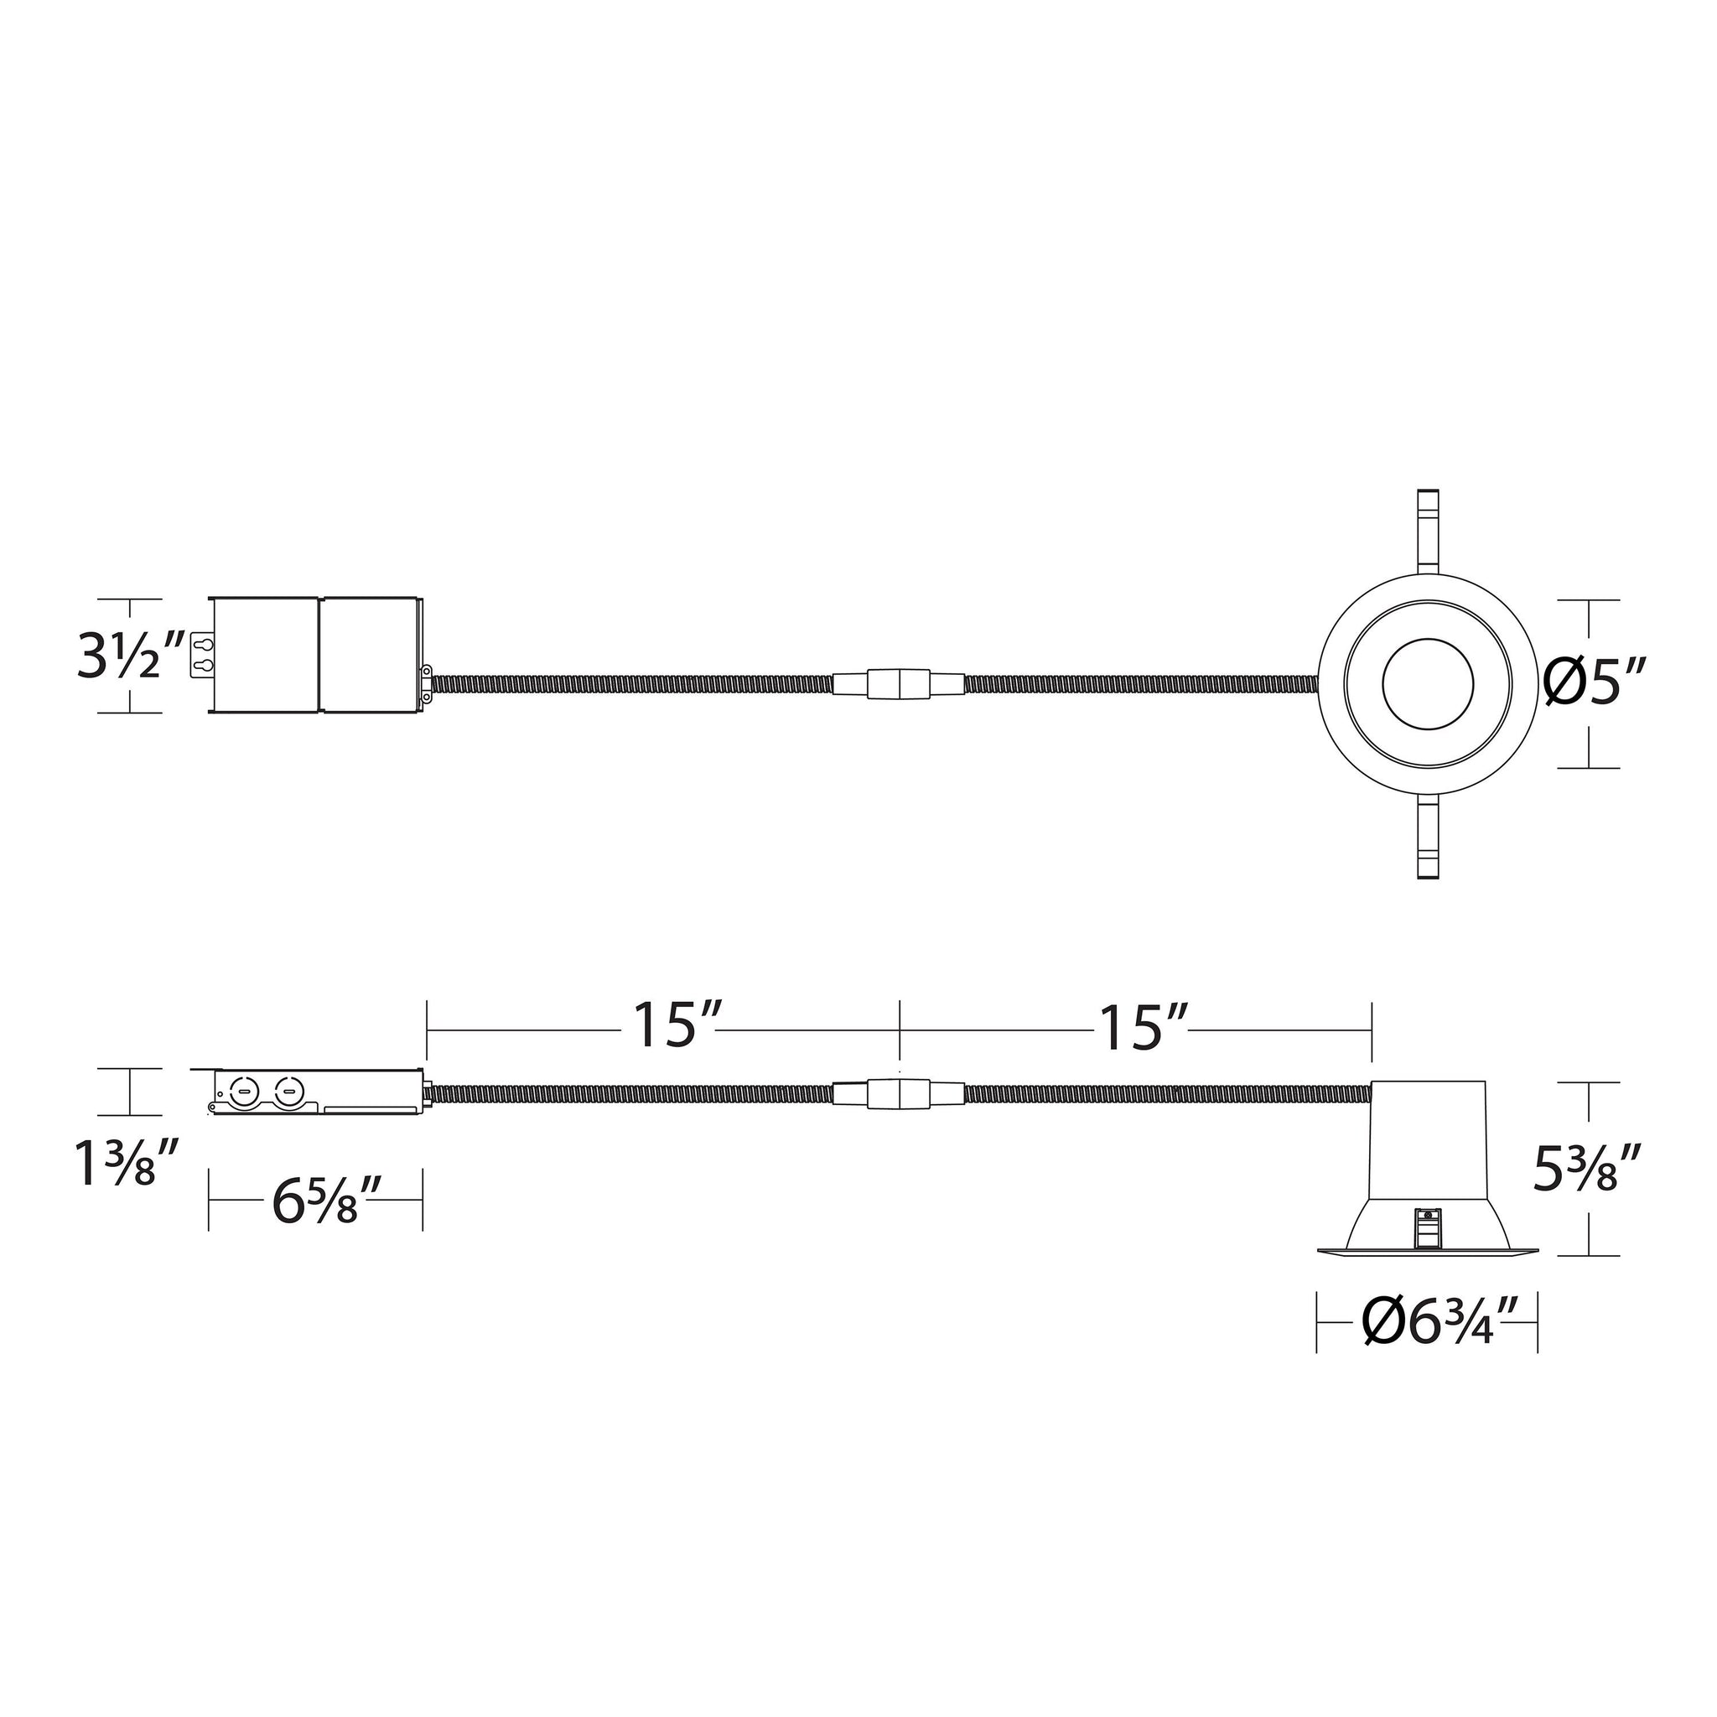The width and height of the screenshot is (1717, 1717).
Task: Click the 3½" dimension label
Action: pos(131,656)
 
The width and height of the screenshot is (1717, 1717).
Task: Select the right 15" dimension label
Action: pos(1144,1027)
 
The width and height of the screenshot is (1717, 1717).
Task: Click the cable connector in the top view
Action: pos(899,684)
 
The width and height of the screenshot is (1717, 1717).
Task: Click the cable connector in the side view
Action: pos(899,1094)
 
